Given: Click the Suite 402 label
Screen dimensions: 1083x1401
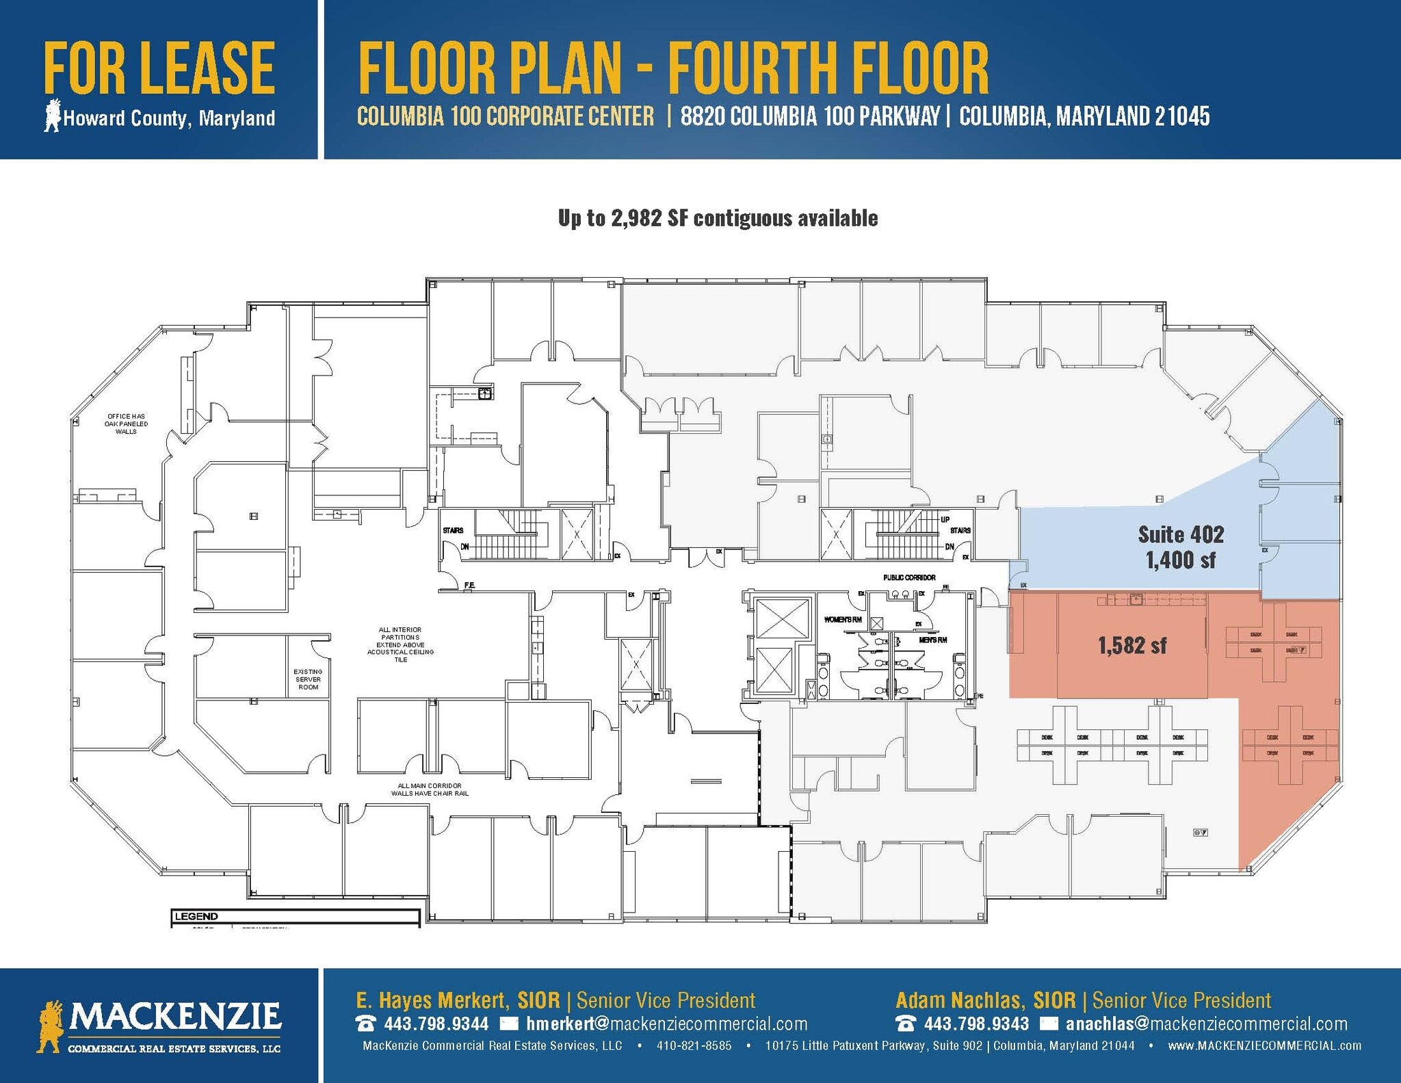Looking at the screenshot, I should [1181, 534].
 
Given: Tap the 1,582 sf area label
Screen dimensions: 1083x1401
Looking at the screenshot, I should [1132, 645].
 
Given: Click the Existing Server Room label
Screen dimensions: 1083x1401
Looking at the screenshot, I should [308, 679].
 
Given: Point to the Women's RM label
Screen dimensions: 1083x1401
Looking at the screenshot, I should [842, 620].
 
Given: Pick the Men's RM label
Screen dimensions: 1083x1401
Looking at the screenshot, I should [932, 640].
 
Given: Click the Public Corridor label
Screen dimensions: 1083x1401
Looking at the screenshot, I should [909, 577].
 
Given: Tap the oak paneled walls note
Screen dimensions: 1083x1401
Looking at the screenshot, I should [126, 423].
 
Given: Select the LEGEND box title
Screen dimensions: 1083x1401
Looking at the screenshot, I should [196, 916].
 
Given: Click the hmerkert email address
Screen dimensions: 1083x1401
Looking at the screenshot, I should [666, 1023].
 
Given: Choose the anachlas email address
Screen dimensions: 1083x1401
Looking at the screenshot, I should [1206, 1023].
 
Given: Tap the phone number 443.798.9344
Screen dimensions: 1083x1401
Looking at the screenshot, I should [436, 1023].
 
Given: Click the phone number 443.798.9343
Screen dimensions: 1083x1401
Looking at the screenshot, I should [976, 1023].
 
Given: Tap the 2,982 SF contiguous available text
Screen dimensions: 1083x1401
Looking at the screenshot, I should [718, 218].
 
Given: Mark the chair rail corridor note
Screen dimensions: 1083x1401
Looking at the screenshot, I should [430, 790].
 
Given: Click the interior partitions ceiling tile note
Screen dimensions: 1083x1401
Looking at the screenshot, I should [400, 644].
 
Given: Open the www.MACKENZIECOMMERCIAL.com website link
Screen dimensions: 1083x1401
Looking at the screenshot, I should [1264, 1045].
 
